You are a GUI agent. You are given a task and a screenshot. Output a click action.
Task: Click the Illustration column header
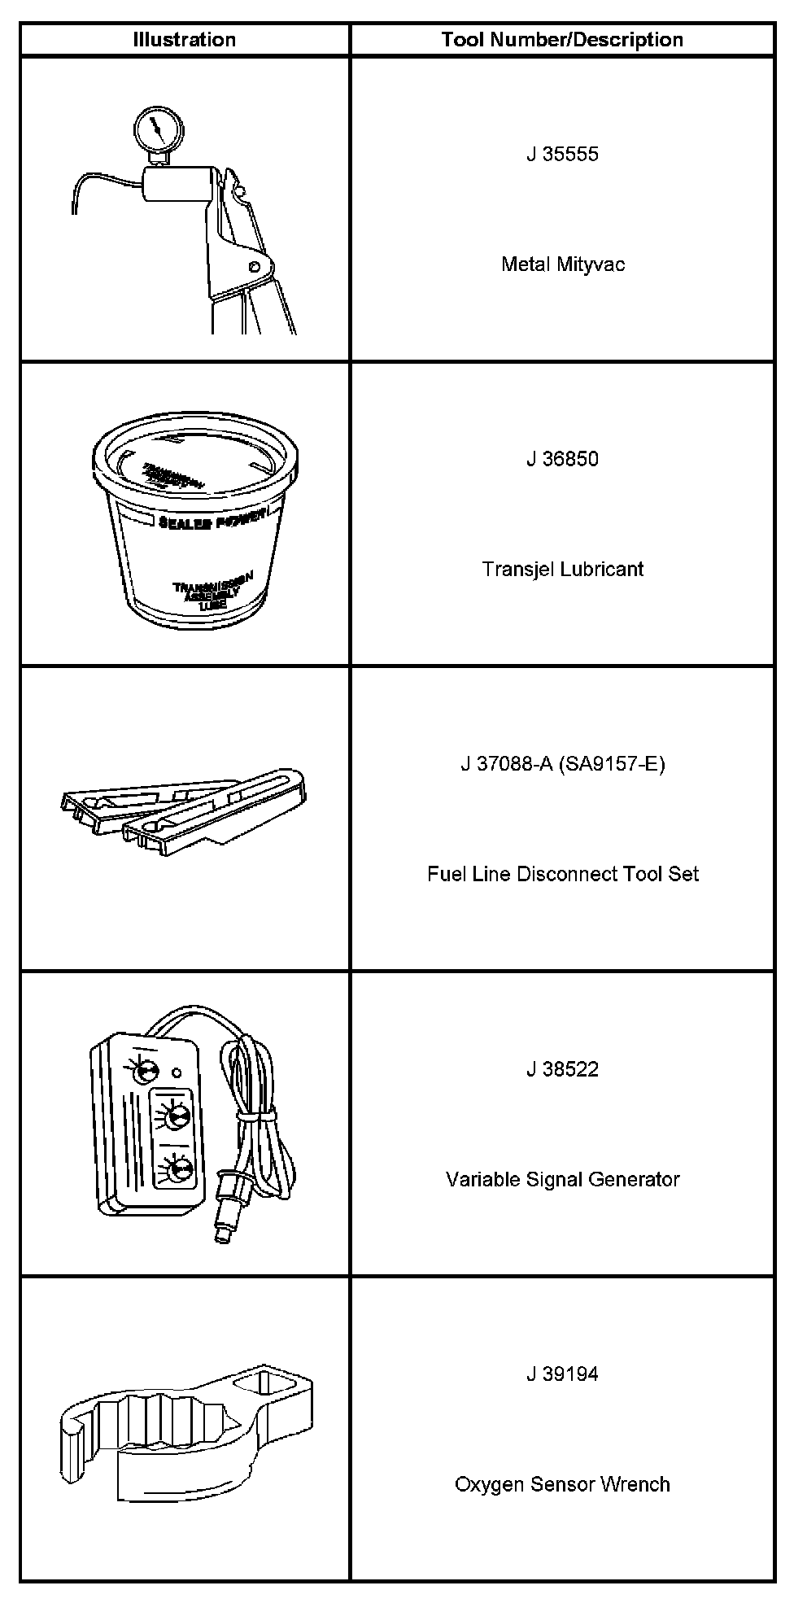tap(185, 40)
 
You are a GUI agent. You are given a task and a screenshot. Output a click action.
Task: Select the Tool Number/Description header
tap(562, 40)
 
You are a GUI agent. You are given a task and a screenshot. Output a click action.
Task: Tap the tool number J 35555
tap(562, 155)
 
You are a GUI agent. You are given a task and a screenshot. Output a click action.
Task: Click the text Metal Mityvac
tap(562, 264)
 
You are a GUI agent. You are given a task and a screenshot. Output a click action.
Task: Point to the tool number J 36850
tap(562, 459)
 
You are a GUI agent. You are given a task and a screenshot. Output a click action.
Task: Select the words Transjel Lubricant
tap(562, 569)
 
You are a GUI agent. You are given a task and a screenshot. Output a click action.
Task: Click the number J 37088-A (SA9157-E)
tap(562, 764)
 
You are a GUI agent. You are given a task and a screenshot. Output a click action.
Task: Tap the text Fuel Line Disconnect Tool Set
tap(562, 874)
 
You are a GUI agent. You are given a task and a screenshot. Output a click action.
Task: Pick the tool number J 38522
tap(562, 1069)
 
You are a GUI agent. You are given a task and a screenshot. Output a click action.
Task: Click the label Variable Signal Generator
tap(562, 1179)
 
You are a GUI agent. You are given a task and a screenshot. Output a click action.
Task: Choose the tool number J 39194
tap(562, 1374)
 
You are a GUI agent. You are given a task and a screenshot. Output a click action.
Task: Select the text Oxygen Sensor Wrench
tap(562, 1484)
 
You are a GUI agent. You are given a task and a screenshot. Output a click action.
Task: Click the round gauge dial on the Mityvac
tap(158, 129)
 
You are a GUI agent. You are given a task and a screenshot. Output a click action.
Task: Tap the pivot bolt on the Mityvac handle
tap(255, 265)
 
